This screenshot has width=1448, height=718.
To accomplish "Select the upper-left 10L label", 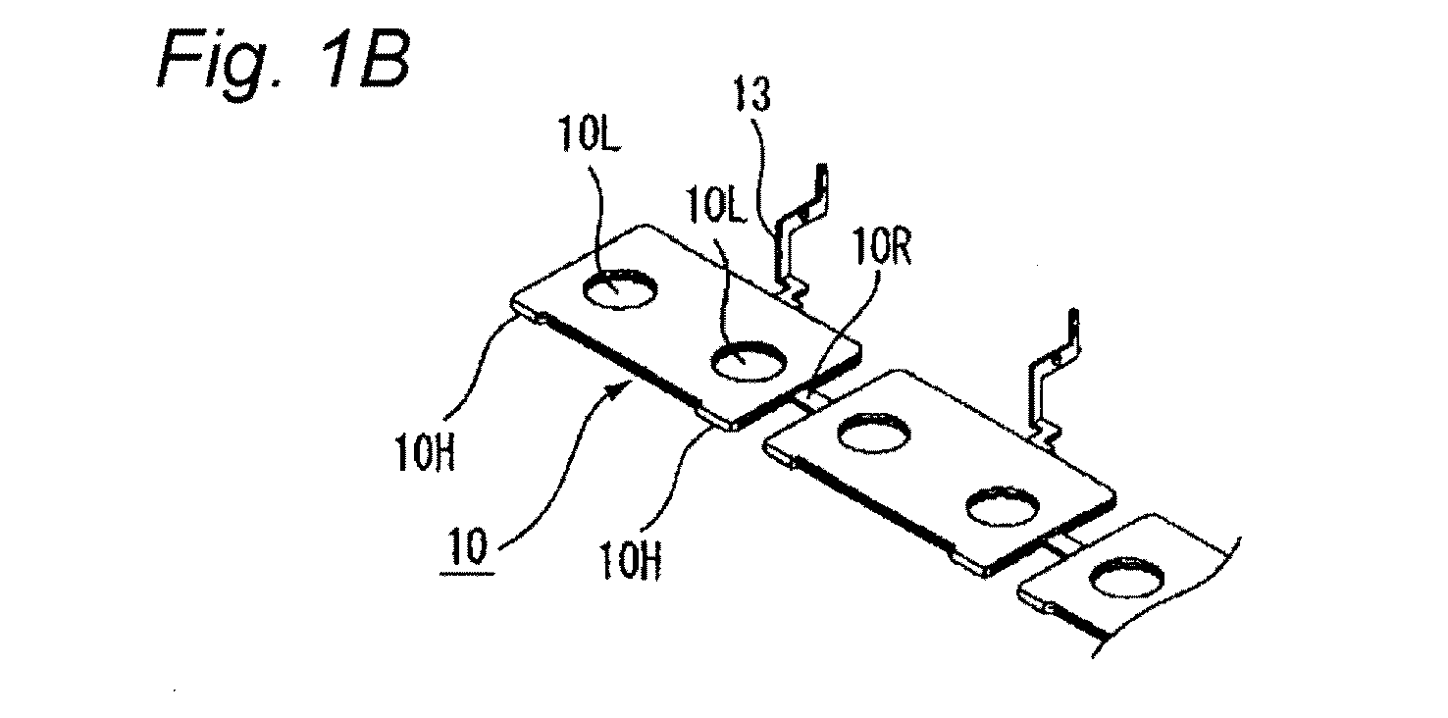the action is (x=590, y=134).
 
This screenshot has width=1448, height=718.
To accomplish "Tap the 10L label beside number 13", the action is (x=717, y=206).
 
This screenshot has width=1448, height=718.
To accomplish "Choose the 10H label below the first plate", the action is (x=630, y=561).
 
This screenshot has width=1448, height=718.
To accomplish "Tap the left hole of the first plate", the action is (x=620, y=289).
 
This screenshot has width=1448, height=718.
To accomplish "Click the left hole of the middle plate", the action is (x=874, y=433).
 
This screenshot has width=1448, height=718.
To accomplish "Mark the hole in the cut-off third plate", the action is (x=1127, y=577).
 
